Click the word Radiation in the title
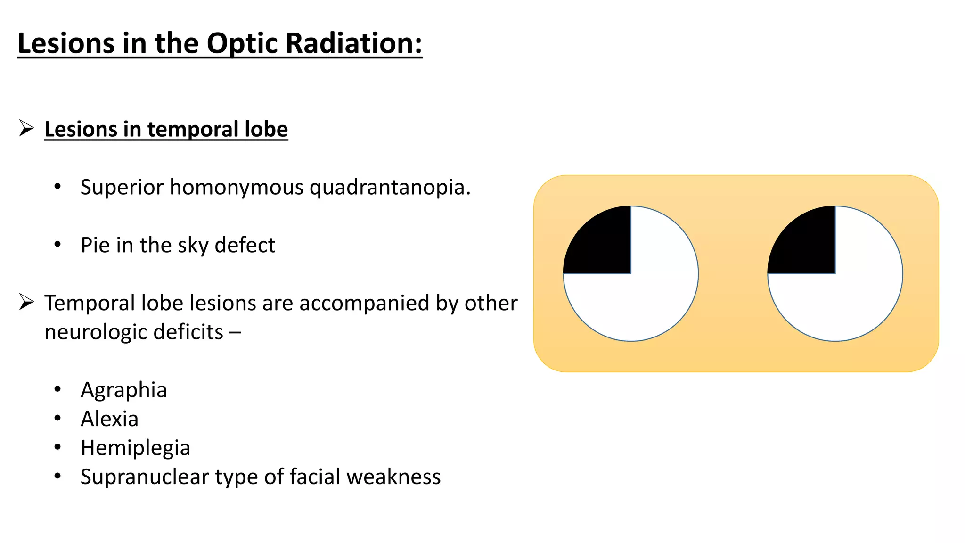[353, 43]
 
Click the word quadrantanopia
[390, 188]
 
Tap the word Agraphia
[123, 390]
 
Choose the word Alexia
[109, 419]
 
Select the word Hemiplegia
[135, 448]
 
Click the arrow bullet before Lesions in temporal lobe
[26, 128]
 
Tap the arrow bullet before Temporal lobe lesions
[26, 302]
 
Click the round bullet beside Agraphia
[57, 389]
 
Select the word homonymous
[237, 188]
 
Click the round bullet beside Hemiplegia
[57, 447]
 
